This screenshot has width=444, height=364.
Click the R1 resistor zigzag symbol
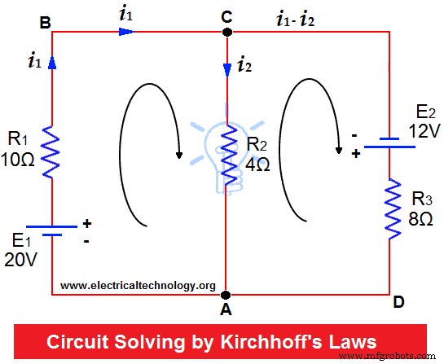53,151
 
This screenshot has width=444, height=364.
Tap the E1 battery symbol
53,229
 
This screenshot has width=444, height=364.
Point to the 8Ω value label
420,217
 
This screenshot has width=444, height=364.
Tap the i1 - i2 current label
308,15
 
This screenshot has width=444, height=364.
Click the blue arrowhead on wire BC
125,33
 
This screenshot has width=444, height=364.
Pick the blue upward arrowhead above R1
53,63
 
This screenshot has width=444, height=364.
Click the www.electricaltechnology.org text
137,286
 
